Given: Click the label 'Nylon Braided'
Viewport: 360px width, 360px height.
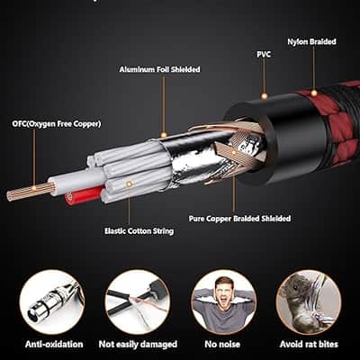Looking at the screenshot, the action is pyautogui.click(x=311, y=41).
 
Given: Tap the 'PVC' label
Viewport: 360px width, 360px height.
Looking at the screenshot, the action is pyautogui.click(x=264, y=55).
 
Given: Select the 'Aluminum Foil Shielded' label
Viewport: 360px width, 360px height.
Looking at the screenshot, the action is pyautogui.click(x=159, y=69).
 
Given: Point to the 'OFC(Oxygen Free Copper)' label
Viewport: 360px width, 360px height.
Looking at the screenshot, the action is pyautogui.click(x=57, y=124).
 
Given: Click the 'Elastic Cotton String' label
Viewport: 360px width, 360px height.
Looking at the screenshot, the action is pyautogui.click(x=139, y=231).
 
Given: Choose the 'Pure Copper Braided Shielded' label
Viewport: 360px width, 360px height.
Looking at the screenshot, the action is pyautogui.click(x=239, y=219).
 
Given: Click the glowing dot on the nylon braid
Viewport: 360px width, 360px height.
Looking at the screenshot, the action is pyautogui.click(x=314, y=93).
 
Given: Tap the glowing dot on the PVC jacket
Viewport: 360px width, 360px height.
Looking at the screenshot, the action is pyautogui.click(x=265, y=96).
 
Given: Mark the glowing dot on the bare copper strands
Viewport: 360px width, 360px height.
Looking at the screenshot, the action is pyautogui.click(x=34, y=188).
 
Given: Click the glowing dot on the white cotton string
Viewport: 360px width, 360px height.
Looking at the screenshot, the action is pyautogui.click(x=130, y=184).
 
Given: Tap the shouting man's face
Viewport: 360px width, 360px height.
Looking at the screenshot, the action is pyautogui.click(x=222, y=294).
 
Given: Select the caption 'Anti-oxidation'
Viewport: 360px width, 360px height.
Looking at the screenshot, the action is pyautogui.click(x=54, y=344).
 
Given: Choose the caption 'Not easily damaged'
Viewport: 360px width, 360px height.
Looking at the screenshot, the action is pyautogui.click(x=138, y=345).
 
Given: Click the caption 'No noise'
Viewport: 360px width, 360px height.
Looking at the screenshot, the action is pyautogui.click(x=222, y=344).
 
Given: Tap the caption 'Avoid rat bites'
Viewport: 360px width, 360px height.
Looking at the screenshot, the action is pyautogui.click(x=309, y=344).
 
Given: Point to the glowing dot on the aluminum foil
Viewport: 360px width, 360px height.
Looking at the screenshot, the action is pyautogui.click(x=164, y=135).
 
